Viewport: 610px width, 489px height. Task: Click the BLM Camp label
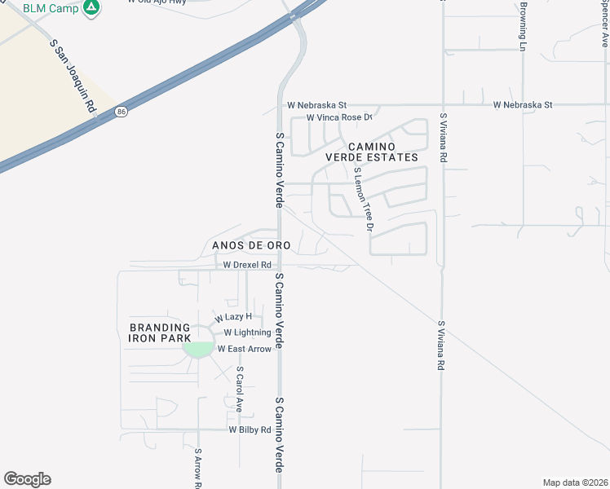pyautogui.click(x=50, y=8)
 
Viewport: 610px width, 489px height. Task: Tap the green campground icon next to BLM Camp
pyautogui.click(x=92, y=8)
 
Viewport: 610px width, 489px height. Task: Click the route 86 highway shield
pyautogui.click(x=121, y=111)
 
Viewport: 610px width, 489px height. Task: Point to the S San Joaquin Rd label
pyautogui.click(x=73, y=80)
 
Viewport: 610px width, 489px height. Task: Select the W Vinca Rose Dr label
pyautogui.click(x=338, y=118)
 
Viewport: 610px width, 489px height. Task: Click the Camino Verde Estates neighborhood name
pyautogui.click(x=372, y=151)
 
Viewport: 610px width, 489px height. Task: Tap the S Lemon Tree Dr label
pyautogui.click(x=362, y=200)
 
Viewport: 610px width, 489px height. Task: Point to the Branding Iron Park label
pyautogui.click(x=160, y=333)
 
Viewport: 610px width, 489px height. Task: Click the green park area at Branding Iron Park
pyautogui.click(x=198, y=349)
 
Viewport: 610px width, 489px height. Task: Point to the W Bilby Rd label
pyautogui.click(x=250, y=430)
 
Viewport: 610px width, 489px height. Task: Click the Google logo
pyautogui.click(x=27, y=479)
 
